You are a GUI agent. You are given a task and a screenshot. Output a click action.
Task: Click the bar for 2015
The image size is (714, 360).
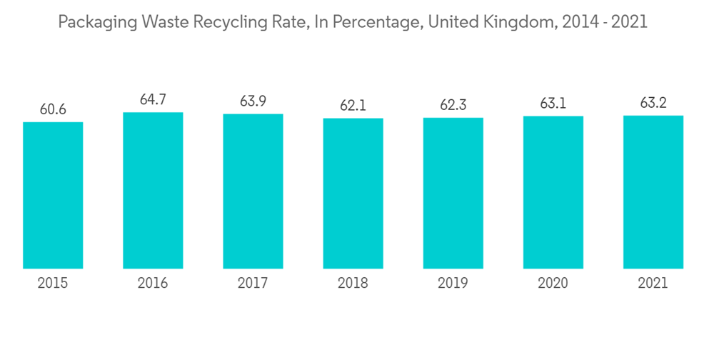(53, 195)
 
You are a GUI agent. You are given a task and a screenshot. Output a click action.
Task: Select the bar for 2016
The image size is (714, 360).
(153, 190)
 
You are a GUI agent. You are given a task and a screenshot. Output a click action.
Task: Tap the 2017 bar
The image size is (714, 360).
(253, 191)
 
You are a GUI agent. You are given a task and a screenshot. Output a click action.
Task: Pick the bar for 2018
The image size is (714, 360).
(353, 194)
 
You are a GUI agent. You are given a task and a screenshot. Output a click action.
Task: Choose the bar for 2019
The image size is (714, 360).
(453, 193)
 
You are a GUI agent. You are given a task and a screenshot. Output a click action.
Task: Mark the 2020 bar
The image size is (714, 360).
(553, 192)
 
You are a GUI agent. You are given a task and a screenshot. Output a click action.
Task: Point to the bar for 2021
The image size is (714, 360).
(653, 192)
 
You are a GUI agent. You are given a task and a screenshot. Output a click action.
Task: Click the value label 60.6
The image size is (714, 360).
(53, 109)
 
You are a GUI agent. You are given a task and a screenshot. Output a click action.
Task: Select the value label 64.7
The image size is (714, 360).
(153, 100)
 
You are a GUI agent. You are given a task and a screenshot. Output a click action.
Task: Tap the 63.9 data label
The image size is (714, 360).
(253, 101)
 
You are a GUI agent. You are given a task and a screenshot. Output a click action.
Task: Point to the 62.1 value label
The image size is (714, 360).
(353, 106)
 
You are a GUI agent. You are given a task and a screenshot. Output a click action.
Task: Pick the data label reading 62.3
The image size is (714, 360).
(453, 106)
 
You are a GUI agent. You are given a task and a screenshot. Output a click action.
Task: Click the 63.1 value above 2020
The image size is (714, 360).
(553, 104)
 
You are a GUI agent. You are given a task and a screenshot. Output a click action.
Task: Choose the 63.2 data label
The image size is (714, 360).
(653, 103)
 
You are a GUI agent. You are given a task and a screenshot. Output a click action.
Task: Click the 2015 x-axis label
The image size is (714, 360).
(53, 284)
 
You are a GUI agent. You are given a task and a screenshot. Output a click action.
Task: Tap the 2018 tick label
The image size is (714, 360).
(353, 284)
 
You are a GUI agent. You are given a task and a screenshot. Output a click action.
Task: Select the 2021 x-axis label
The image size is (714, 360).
(653, 284)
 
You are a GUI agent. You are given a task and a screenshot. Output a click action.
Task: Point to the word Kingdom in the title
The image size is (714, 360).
(516, 22)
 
